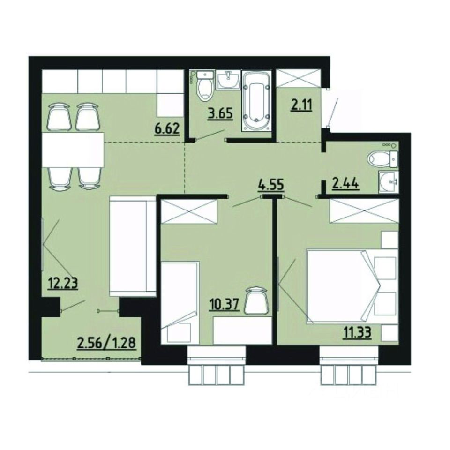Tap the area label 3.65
click(220, 113)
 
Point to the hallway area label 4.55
click(271, 184)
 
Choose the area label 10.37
click(226, 306)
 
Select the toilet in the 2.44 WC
click(382, 159)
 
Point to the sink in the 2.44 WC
click(389, 180)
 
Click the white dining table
click(72, 150)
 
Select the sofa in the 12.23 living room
click(132, 246)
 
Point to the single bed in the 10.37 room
click(180, 302)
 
